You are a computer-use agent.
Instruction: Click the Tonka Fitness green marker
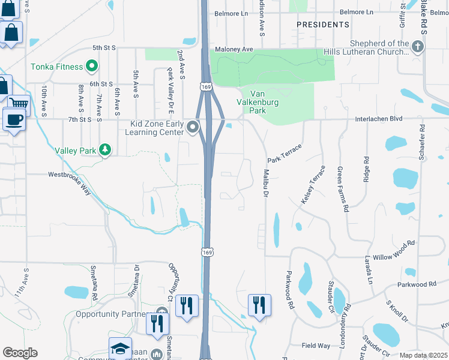(x=92, y=65)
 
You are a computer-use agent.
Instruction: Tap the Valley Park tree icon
(x=106, y=149)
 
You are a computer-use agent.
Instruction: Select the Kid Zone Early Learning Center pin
(x=193, y=127)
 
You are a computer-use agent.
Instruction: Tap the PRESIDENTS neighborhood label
(x=323, y=25)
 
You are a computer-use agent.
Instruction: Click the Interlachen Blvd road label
(x=379, y=119)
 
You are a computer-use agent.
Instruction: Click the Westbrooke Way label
(x=69, y=175)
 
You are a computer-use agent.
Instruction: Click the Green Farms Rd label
(x=343, y=190)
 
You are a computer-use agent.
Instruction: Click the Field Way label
(x=316, y=346)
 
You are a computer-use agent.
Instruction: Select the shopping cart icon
(x=18, y=104)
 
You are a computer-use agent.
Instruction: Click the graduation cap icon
(x=120, y=349)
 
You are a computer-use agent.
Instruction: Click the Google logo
(x=20, y=352)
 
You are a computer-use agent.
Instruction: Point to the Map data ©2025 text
(x=423, y=355)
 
